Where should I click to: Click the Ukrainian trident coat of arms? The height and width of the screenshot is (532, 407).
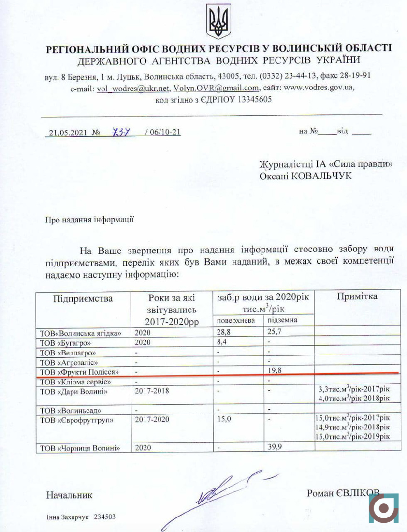218,22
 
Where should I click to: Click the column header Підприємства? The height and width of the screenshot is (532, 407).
83,298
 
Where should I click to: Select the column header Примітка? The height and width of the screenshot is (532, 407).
357,296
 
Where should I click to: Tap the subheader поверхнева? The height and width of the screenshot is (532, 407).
236,320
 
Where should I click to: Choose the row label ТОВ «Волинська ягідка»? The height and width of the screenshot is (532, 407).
79,333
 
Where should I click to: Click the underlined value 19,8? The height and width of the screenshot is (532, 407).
275,371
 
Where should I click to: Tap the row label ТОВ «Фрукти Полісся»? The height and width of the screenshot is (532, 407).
79,371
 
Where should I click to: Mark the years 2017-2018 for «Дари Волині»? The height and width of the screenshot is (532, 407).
152,391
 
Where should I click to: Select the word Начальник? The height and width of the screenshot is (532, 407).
69,495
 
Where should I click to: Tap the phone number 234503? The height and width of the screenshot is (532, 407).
105,517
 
